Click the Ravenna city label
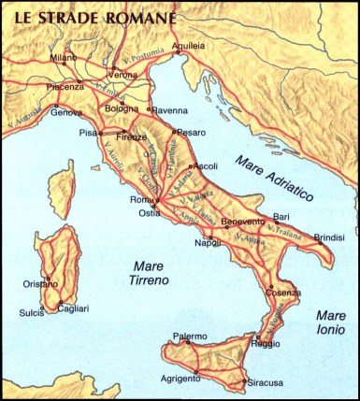point(170,108)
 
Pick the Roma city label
point(142,200)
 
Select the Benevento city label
point(244,222)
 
